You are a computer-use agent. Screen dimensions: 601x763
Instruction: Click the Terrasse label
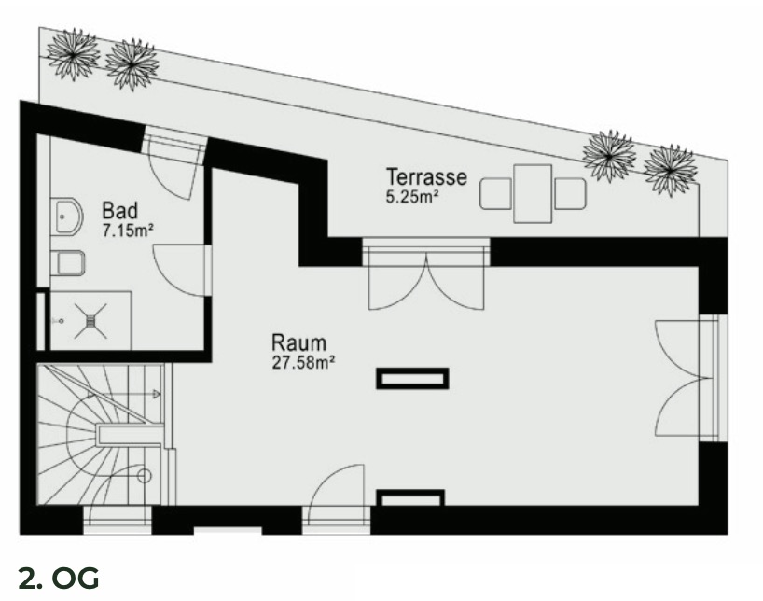426,176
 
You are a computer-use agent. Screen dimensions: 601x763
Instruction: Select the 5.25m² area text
412,198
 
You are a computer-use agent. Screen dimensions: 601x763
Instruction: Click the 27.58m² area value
303,363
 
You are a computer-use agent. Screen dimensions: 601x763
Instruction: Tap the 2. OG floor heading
58,579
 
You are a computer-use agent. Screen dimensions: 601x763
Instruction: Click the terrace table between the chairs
533,193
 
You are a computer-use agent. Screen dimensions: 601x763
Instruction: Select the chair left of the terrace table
495,194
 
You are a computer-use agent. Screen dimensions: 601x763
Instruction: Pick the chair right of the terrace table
570,194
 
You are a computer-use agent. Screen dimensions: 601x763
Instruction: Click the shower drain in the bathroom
91,320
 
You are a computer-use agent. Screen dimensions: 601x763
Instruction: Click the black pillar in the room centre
412,378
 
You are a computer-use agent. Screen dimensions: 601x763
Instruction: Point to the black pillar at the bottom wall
409,497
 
